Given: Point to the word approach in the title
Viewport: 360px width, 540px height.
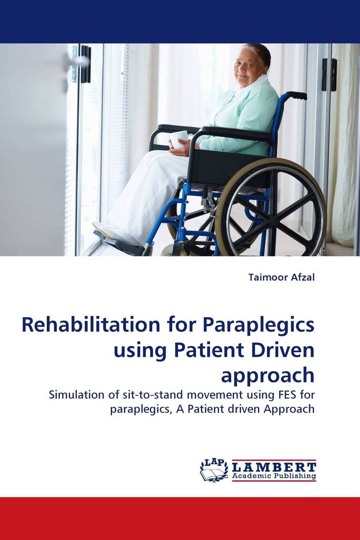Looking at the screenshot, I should click(268, 375).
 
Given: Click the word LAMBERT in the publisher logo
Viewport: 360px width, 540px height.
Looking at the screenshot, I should click(274, 467).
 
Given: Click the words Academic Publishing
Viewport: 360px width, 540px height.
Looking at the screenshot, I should click(274, 476).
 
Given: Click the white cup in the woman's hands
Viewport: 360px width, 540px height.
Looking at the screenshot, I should click(179, 139).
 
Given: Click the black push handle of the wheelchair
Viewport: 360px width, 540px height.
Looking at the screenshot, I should click(297, 95).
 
